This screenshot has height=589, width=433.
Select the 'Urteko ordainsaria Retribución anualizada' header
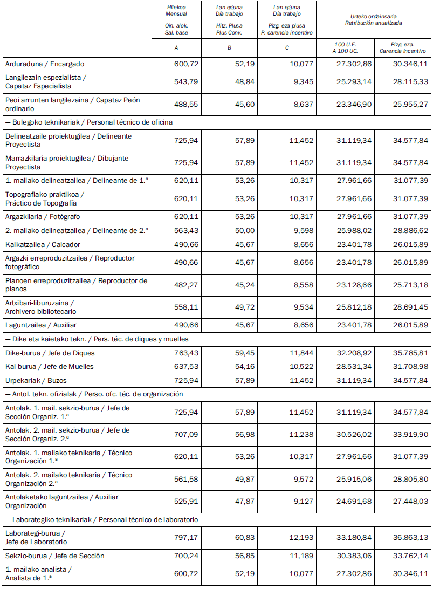click(373, 20)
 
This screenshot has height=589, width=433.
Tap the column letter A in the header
click(176, 48)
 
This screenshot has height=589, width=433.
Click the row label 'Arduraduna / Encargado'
click(45, 64)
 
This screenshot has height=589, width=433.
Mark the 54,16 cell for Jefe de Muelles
click(244, 366)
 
